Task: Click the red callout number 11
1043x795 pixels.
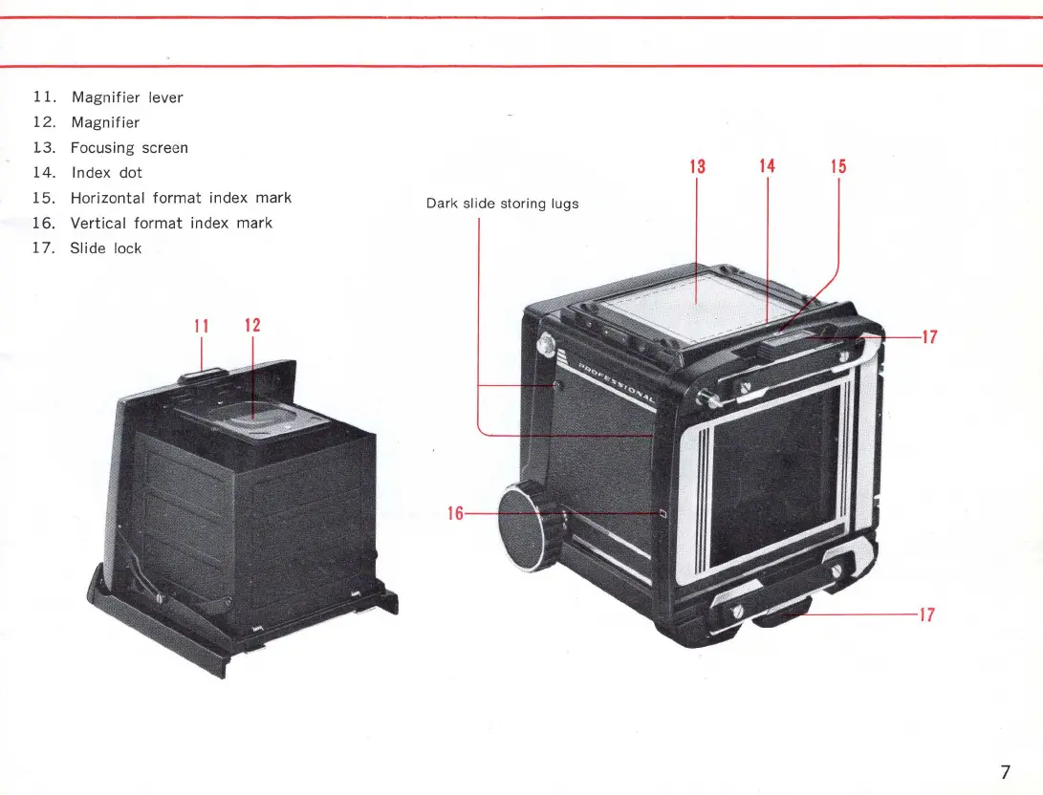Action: (x=201, y=325)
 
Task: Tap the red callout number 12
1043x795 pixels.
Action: (x=252, y=325)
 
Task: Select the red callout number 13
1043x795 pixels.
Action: (x=697, y=166)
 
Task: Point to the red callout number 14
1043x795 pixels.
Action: (x=767, y=166)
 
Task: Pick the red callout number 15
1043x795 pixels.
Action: (x=838, y=166)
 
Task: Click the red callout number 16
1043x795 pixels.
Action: (x=455, y=514)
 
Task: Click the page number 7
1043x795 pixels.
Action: (x=1005, y=772)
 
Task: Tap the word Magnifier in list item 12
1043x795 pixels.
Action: (x=105, y=122)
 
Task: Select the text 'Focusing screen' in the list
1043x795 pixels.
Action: (x=129, y=147)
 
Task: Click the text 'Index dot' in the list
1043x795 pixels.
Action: (x=106, y=173)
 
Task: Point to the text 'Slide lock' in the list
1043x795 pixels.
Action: (x=105, y=248)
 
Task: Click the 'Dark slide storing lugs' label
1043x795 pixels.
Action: (x=502, y=204)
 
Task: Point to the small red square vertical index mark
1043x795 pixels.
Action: (x=663, y=514)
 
